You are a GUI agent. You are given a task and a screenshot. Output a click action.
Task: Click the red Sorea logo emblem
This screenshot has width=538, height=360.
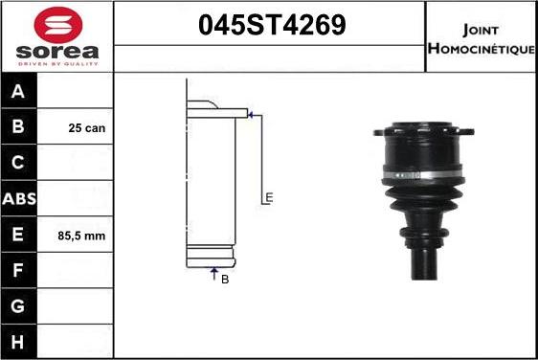58,25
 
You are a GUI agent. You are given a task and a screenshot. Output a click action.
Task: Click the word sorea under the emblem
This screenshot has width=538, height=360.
57,52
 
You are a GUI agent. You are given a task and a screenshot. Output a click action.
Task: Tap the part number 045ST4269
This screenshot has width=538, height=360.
272,25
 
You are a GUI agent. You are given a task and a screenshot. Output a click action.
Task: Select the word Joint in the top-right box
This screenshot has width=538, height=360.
480,31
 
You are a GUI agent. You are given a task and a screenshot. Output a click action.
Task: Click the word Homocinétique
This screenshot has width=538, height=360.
482,49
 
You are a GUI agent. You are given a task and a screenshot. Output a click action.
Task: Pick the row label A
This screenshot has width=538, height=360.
18,91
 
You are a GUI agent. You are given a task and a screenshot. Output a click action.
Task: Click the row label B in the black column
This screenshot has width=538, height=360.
18,126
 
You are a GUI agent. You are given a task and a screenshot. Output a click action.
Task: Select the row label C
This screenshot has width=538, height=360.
18,163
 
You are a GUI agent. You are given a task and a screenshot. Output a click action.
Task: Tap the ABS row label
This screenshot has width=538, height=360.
19,199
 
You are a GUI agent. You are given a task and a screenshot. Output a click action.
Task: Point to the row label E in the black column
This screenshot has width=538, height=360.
18,234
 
